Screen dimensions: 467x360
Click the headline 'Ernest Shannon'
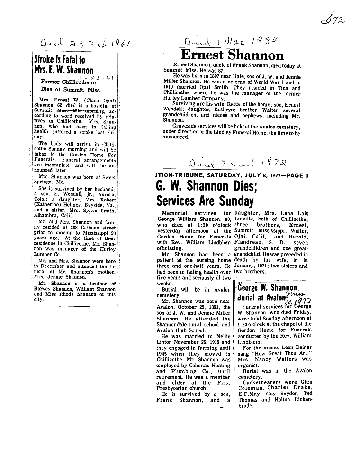click(232, 55)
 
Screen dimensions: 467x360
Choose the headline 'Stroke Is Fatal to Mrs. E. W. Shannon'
click(67, 66)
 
